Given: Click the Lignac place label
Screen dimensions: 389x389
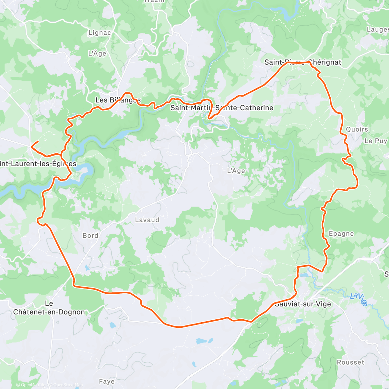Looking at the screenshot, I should pos(100,33).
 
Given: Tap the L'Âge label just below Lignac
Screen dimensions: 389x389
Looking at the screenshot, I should pos(97,53).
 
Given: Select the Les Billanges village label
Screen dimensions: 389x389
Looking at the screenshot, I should pos(118,100).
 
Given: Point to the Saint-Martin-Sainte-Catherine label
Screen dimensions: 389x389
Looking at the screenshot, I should pos(222,108).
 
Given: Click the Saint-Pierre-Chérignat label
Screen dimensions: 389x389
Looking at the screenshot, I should pos(303,62).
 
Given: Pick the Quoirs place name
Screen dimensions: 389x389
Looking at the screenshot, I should pos(357,129).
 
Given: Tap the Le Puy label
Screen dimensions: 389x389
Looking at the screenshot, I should pos(376,141).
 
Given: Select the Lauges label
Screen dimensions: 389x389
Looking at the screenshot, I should pos(377,29).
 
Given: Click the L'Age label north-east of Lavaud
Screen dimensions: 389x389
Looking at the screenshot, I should pos(236,171).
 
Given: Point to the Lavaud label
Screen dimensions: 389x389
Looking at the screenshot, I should pos(147,220).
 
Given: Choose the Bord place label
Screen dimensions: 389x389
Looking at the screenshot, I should pos(90,236).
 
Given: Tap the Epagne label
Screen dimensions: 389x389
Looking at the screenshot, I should pos(341,234).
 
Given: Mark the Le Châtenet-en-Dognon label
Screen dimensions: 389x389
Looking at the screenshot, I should pos(49,308).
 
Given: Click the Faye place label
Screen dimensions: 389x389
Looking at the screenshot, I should pos(107,382).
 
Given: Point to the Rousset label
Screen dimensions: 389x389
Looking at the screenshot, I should pos(350,362).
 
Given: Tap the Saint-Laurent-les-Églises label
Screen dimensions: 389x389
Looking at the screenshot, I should pos(38,164).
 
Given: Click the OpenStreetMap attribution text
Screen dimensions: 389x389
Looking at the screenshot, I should pos(68,385).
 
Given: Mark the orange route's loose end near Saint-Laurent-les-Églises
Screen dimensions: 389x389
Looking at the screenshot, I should pos(38,141).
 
